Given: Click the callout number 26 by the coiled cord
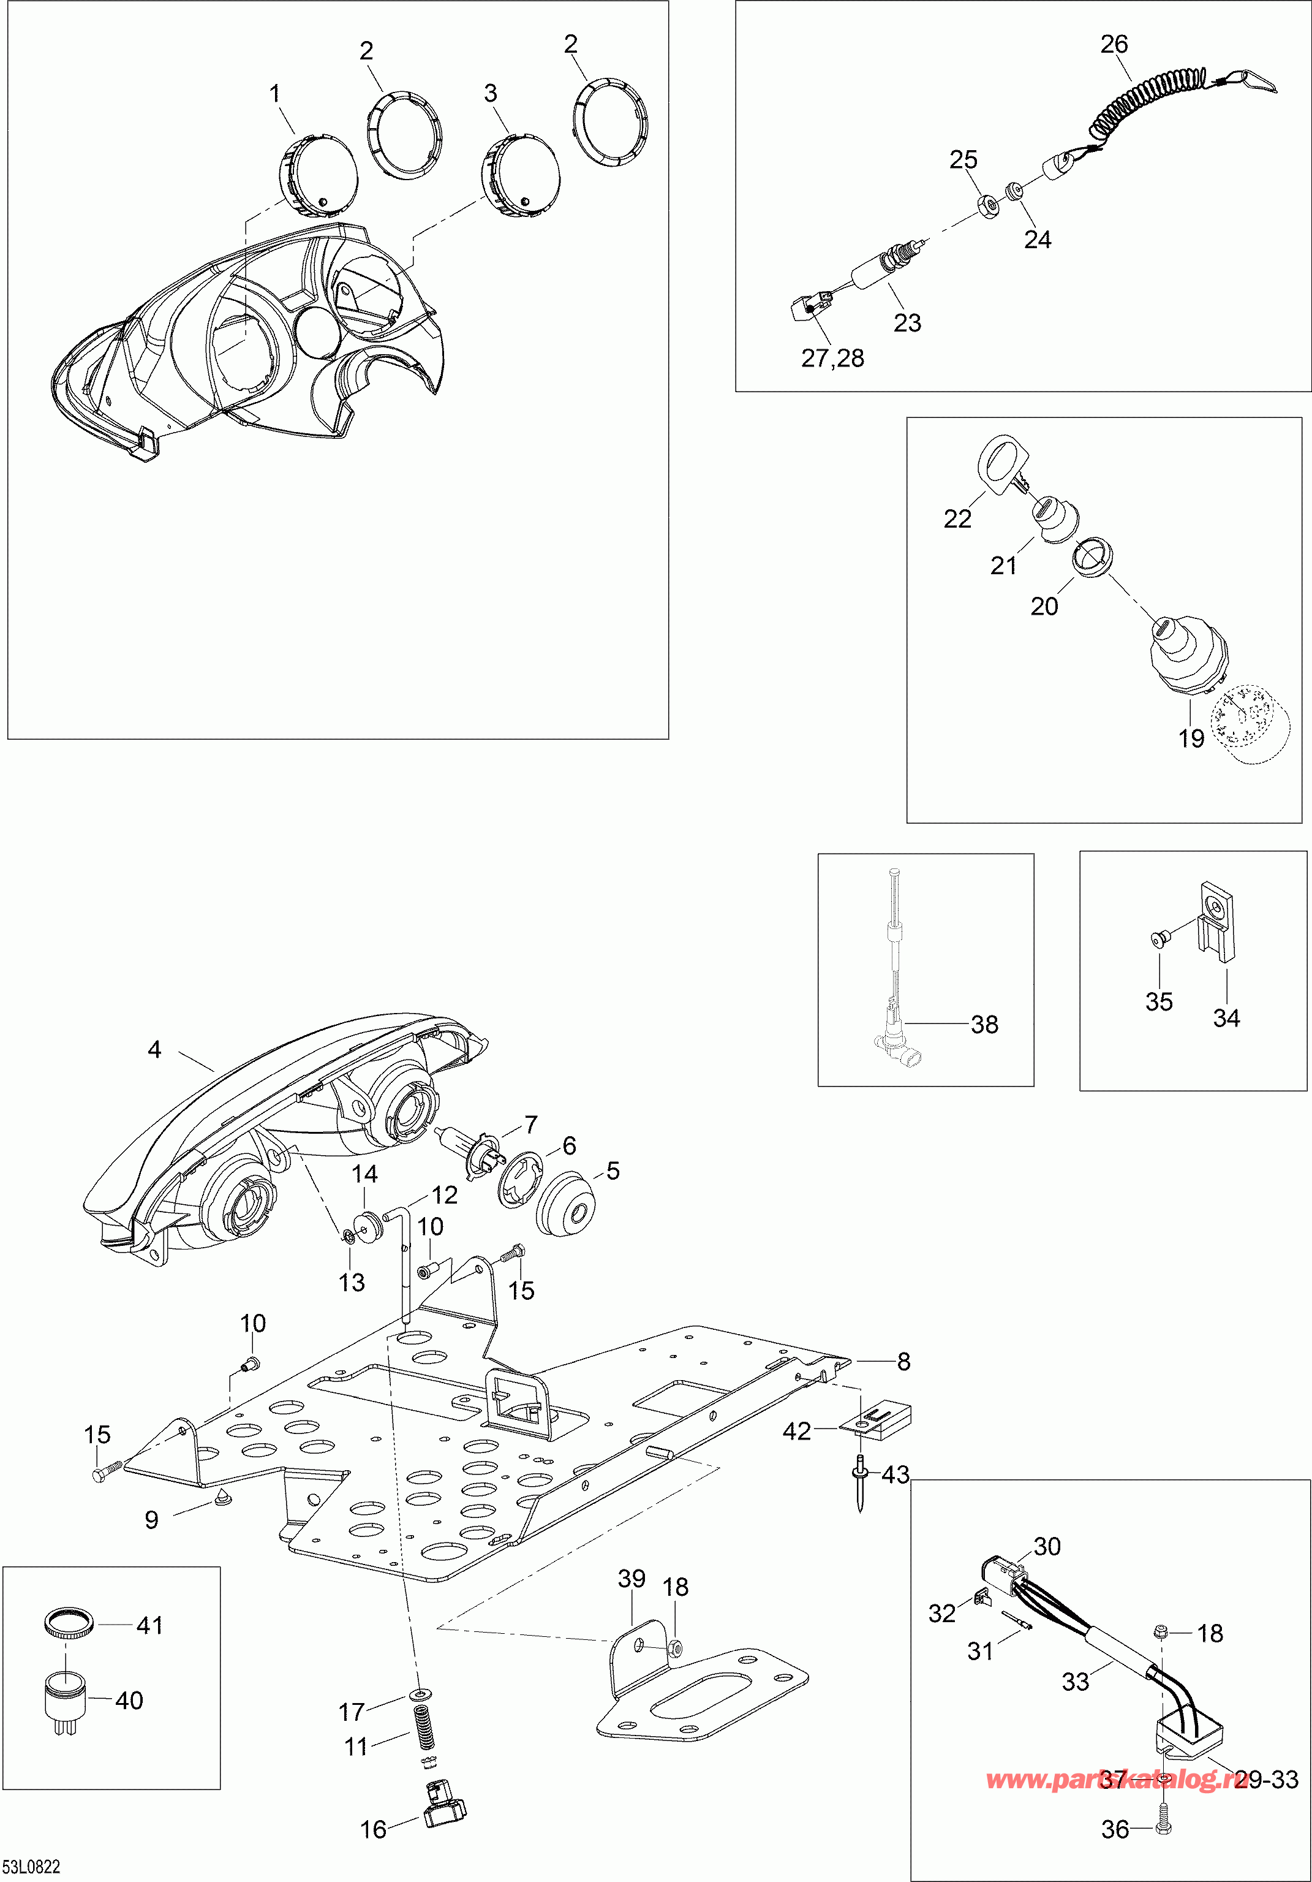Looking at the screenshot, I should coord(1114,44).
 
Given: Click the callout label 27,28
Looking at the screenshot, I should coord(832,359).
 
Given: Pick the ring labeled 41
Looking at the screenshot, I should coord(68,1622).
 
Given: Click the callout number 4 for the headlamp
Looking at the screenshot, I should coord(154,1049).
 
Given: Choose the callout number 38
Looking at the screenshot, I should coord(984,1024).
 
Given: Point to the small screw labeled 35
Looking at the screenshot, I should coord(1157,937).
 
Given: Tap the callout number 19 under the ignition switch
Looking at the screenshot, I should coord(1191,738).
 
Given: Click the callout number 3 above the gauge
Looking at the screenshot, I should coord(490,93).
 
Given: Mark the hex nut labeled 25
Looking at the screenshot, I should coord(989,206).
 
